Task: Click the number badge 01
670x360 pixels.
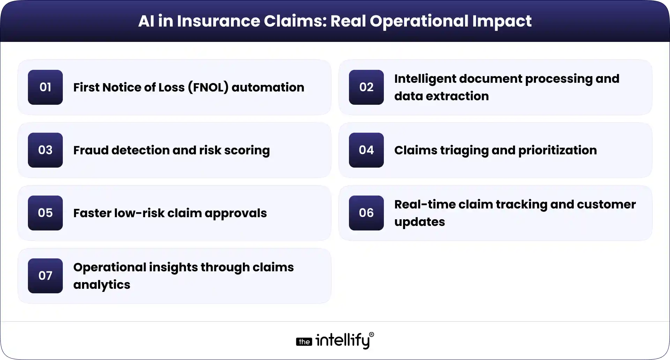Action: (45, 87)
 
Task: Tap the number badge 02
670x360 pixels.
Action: (366, 87)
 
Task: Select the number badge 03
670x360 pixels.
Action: (45, 150)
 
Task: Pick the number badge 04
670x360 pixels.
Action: (366, 150)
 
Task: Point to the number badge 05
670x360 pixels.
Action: (45, 213)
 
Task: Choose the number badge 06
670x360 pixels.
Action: (366, 213)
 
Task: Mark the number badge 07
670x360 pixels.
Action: (45, 276)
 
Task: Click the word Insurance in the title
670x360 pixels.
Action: (218, 21)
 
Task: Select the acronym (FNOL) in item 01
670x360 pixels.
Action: (208, 87)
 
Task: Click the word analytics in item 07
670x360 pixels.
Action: (102, 285)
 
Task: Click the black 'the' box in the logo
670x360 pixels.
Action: (304, 341)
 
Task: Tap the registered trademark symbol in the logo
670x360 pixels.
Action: (371, 335)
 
